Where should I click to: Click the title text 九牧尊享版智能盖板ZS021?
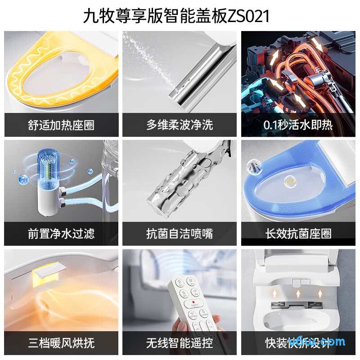(x=176, y=16)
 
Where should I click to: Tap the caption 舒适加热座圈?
(x=61, y=125)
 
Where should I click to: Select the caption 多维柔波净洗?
(x=180, y=125)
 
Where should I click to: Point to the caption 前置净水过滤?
(x=61, y=234)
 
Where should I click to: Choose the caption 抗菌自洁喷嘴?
(x=180, y=234)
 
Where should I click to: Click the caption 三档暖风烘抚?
(x=61, y=343)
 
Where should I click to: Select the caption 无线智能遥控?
(x=180, y=343)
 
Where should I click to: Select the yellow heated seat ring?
(x=27, y=85)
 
